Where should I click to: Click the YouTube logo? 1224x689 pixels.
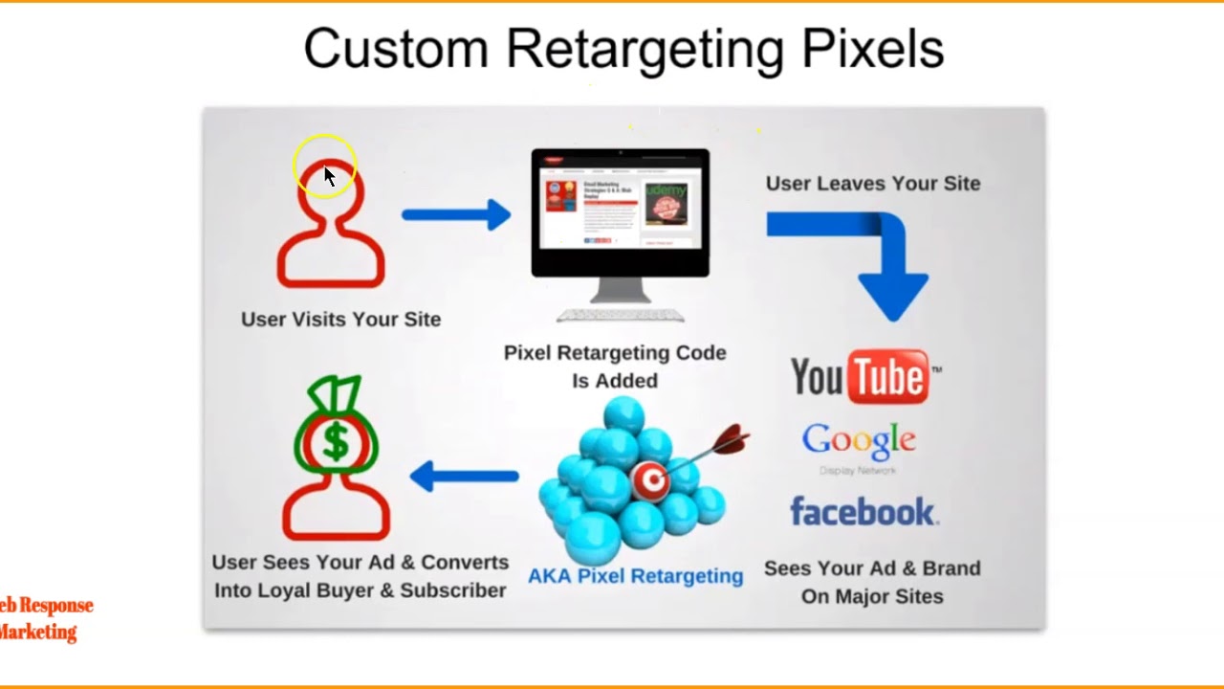click(x=864, y=376)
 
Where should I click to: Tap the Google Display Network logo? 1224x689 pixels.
click(x=859, y=446)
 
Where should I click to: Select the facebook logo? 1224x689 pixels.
click(x=863, y=512)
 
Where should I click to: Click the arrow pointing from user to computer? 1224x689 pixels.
click(x=456, y=214)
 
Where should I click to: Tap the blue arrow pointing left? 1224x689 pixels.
click(x=464, y=476)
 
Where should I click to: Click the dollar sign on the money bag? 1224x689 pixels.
click(x=336, y=442)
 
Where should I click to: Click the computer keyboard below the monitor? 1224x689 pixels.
click(x=620, y=315)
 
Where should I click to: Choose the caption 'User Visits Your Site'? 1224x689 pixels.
click(x=340, y=320)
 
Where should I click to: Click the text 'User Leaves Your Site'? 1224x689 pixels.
click(x=872, y=184)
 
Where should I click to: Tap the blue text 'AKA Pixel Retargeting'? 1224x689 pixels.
click(x=635, y=576)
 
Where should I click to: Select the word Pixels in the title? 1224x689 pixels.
click(x=872, y=49)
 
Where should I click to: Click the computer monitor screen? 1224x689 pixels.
click(x=620, y=209)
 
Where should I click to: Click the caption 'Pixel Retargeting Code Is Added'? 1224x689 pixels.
click(x=615, y=367)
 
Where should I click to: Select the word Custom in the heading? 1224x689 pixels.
click(x=397, y=49)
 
